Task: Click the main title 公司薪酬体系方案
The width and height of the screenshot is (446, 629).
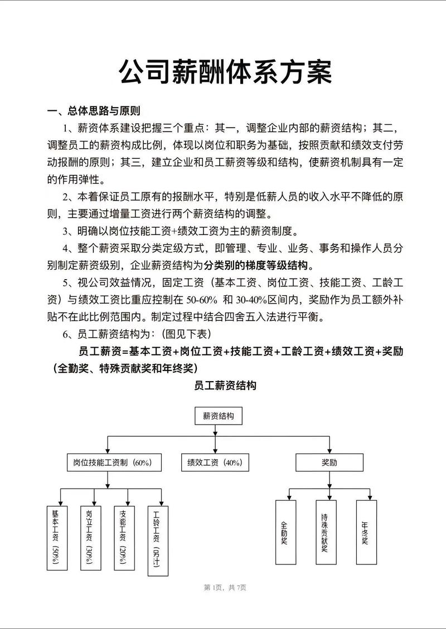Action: click(225, 72)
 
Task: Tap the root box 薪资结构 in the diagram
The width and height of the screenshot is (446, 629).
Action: click(218, 416)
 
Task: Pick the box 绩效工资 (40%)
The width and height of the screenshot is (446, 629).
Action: click(215, 462)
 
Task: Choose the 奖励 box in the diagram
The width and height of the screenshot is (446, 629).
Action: click(329, 462)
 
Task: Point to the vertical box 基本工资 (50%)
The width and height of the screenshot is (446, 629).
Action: click(56, 537)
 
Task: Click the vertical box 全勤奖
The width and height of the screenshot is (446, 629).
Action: click(285, 533)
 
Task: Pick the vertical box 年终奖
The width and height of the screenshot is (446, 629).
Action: click(366, 533)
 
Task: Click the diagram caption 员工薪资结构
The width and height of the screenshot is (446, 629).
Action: click(225, 386)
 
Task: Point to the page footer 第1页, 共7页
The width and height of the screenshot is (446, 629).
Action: click(225, 587)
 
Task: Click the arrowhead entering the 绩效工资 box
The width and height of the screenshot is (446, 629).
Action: click(215, 452)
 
